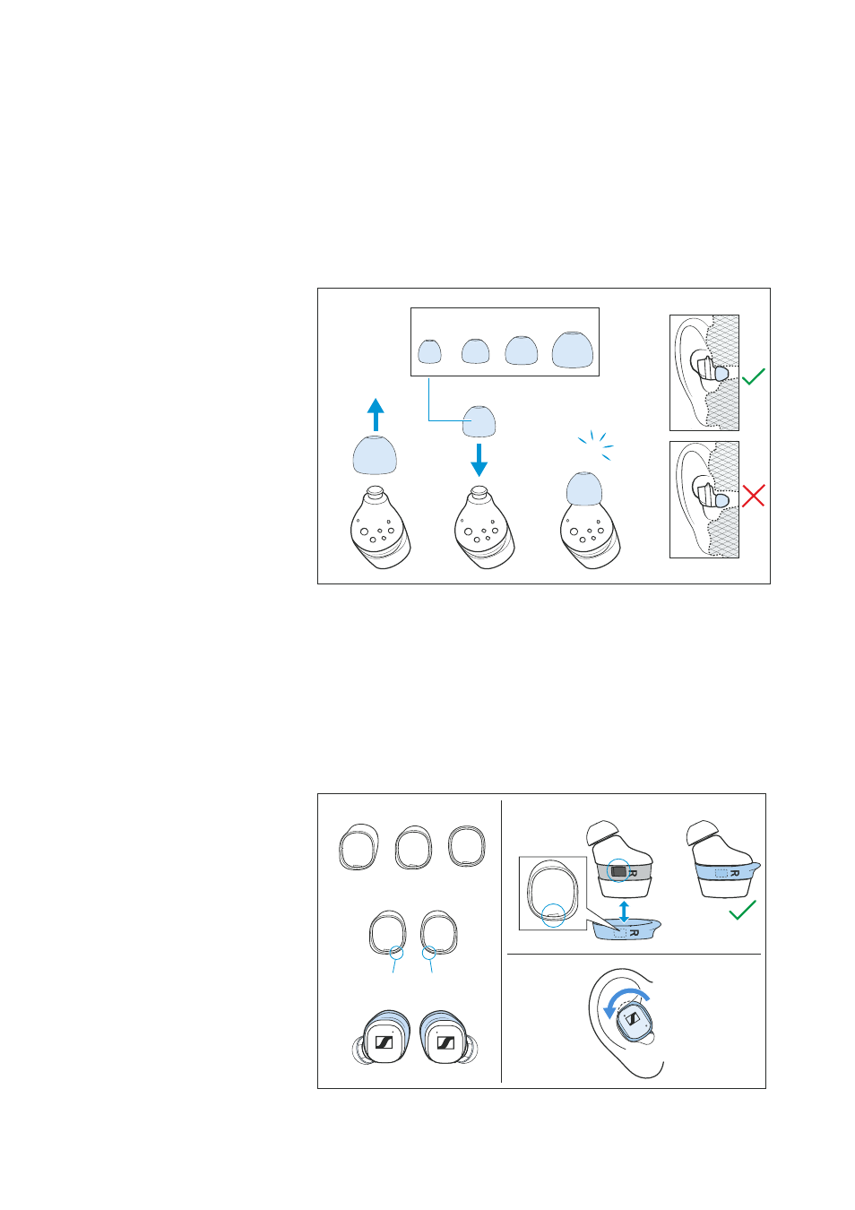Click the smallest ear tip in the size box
[x=429, y=351]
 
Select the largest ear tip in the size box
[x=572, y=350]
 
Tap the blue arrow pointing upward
[x=376, y=414]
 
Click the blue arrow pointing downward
[x=479, y=460]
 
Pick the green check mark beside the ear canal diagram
[x=753, y=376]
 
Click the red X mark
[x=753, y=496]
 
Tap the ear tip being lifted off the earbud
[x=375, y=454]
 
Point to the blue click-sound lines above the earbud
[x=596, y=445]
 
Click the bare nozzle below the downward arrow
[x=478, y=494]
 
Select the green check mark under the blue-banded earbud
[x=742, y=910]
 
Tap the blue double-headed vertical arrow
[x=624, y=912]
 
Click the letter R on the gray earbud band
[x=633, y=873]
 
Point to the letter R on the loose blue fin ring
[x=635, y=933]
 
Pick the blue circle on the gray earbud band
[x=618, y=871]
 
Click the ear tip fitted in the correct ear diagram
[x=721, y=374]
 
